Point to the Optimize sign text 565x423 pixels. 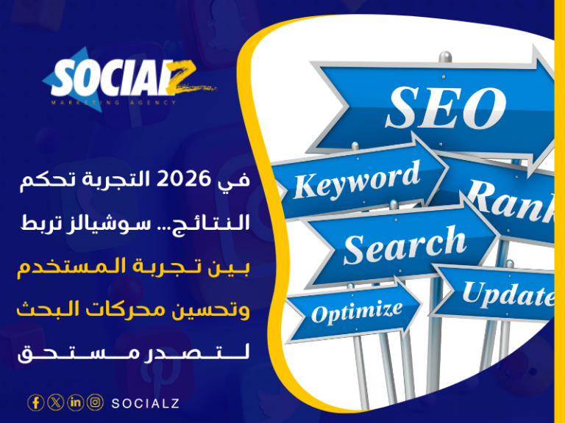click(x=357, y=311)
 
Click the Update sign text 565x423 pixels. click(x=508, y=294)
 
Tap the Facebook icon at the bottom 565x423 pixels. click(x=35, y=402)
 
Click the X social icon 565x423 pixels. click(x=55, y=402)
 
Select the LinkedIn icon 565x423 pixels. click(x=75, y=402)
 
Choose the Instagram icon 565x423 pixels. click(x=95, y=402)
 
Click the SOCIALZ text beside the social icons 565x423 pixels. click(x=145, y=402)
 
